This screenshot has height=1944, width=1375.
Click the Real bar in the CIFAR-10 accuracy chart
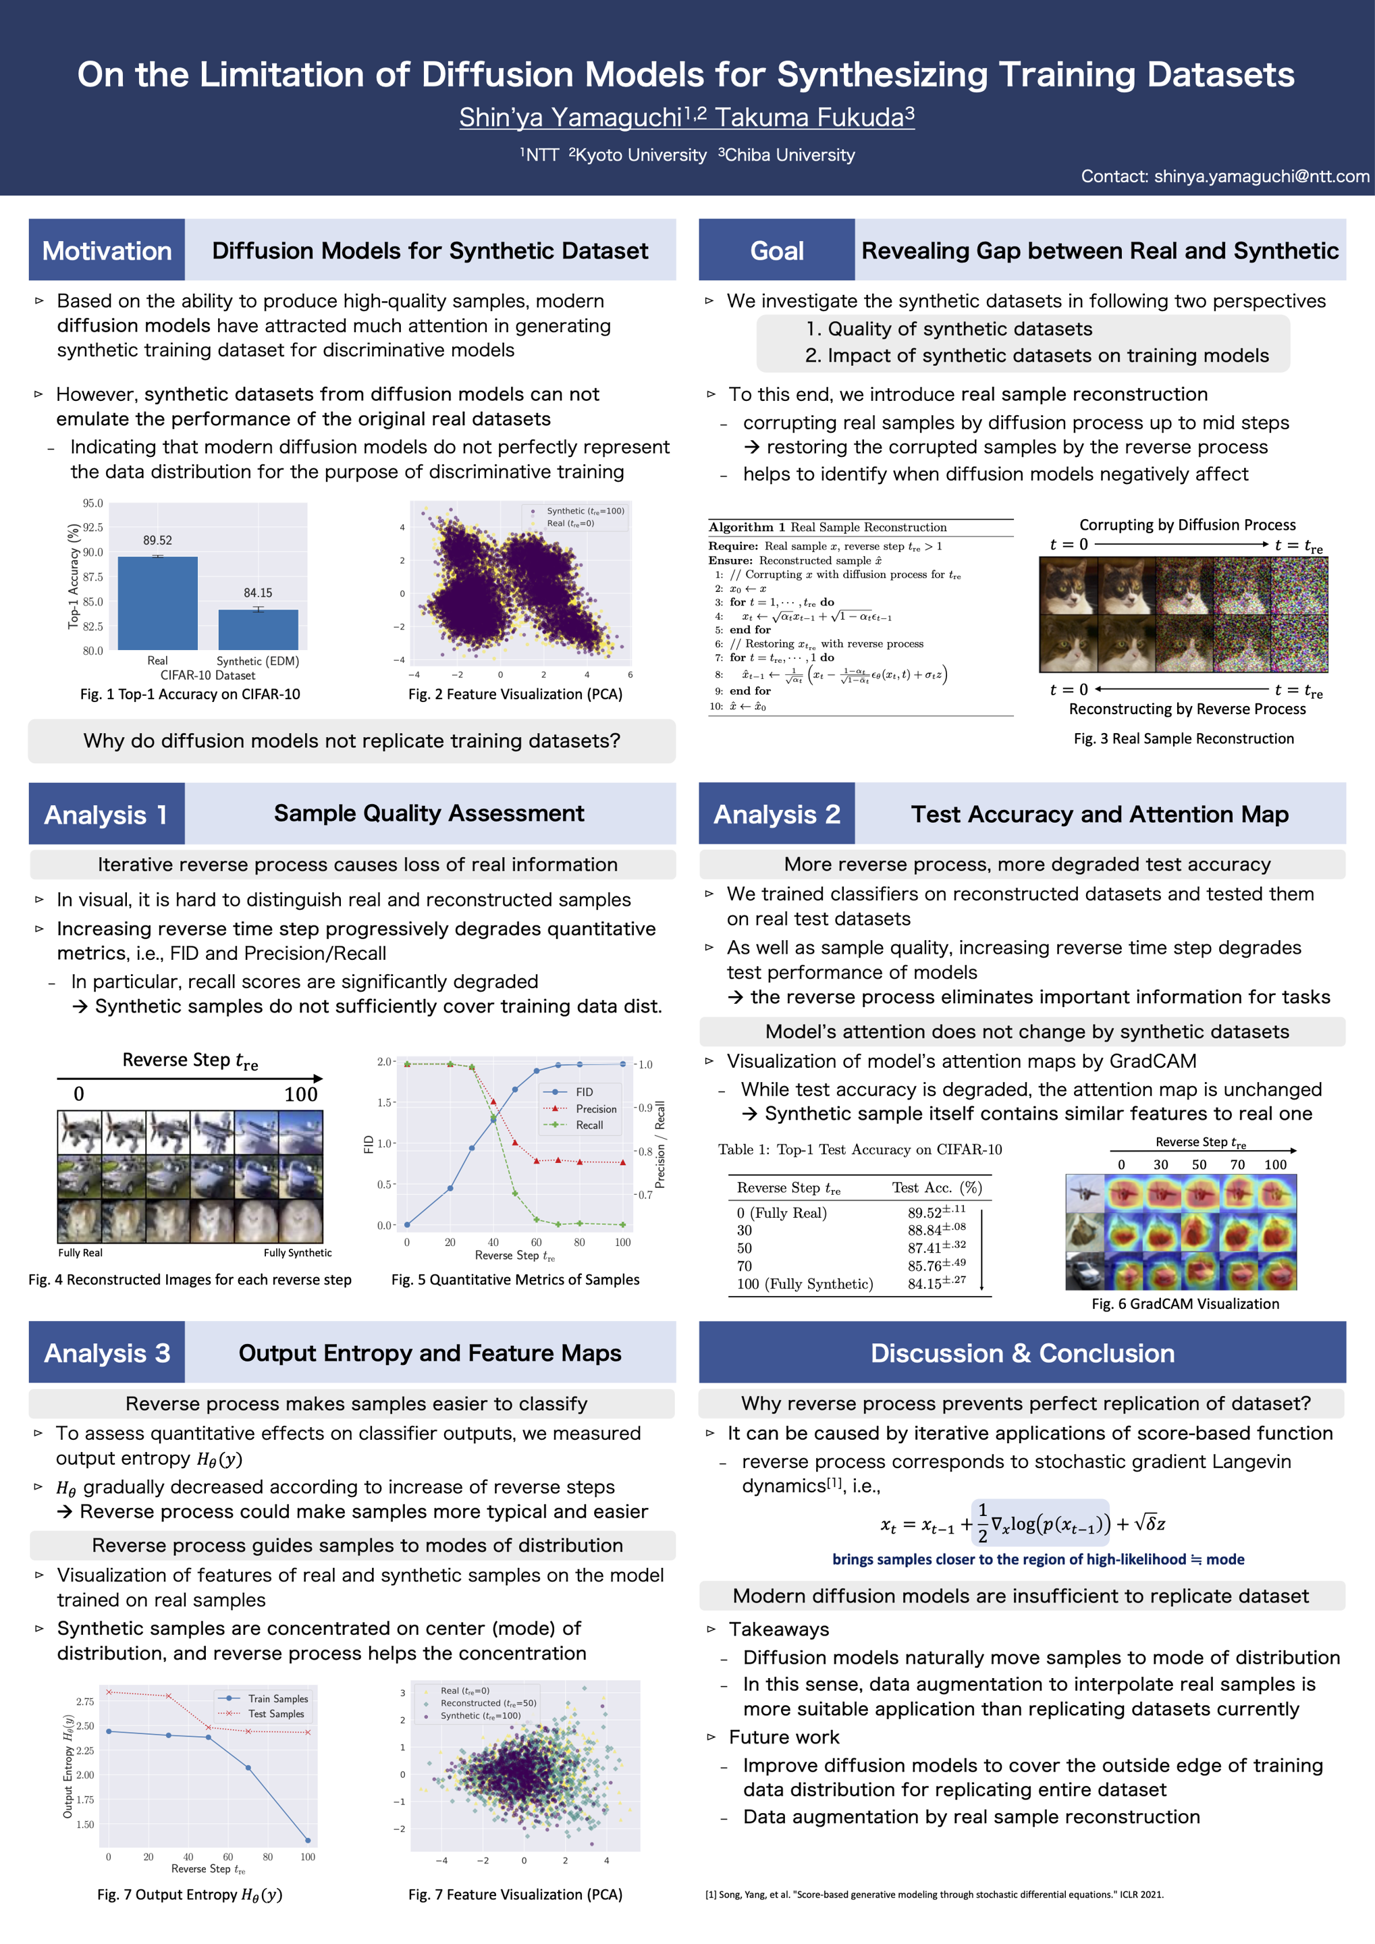pos(157,602)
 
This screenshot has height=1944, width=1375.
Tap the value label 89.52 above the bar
pos(157,540)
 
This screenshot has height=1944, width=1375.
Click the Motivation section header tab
pos(107,250)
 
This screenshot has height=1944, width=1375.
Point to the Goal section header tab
pos(776,250)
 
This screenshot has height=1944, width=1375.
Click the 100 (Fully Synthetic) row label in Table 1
pos(805,1284)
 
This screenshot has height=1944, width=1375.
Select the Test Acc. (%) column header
pos(936,1188)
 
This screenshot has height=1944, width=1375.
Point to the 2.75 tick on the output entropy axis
pos(84,1701)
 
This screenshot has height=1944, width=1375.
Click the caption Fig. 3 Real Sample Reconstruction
pos(1184,738)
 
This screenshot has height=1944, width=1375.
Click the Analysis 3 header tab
pos(107,1353)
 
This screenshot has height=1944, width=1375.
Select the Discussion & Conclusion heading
pos(1022,1353)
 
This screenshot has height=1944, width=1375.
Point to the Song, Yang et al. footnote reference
pos(934,1894)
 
